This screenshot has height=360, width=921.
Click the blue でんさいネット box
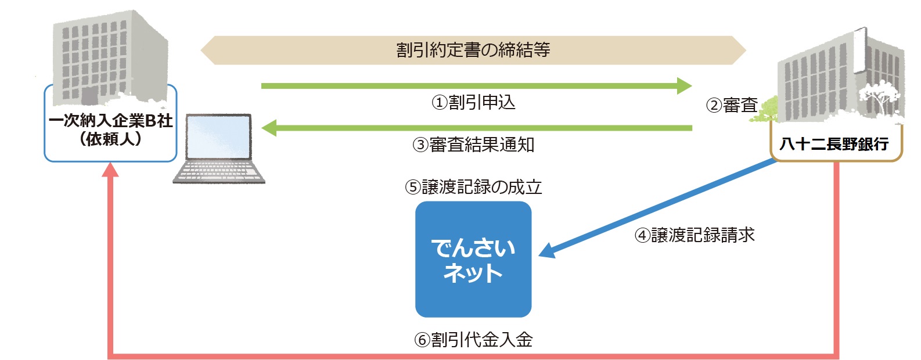coord(473,259)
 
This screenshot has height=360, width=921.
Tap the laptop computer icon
coord(219,149)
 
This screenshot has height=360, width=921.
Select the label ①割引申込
coord(473,103)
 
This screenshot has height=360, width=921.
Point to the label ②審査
coord(732,105)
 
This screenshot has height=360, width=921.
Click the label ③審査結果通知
coord(473,145)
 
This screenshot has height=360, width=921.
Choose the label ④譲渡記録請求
coord(695,235)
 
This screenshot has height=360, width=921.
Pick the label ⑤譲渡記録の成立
coord(473,187)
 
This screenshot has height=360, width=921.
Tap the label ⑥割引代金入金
coord(473,340)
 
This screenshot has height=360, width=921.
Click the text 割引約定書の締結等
coord(473,50)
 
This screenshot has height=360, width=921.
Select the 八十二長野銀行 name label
coord(834,143)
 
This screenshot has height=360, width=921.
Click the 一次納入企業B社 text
coord(110,121)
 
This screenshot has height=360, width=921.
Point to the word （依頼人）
coord(110,139)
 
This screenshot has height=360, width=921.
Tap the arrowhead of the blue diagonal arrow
coord(547,251)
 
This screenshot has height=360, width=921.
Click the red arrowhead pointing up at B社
coord(110,170)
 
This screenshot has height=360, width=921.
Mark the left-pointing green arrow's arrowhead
coord(269,128)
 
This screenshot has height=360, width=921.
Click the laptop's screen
coord(219,137)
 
